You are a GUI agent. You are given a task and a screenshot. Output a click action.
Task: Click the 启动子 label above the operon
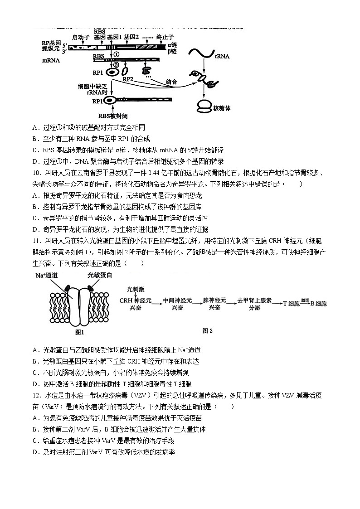[82, 38]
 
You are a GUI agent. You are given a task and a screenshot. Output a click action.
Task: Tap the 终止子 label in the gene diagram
[165, 38]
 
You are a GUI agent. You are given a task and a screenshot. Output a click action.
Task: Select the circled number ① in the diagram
[116, 54]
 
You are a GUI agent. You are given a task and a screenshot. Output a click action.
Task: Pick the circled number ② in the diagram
[116, 64]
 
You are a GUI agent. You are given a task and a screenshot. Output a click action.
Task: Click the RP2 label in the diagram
[128, 79]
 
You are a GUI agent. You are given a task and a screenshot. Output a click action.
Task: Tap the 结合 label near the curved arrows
[171, 82]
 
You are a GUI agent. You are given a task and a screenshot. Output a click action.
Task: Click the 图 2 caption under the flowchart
[207, 331]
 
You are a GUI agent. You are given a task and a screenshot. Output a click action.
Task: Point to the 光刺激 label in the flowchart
[135, 289]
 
